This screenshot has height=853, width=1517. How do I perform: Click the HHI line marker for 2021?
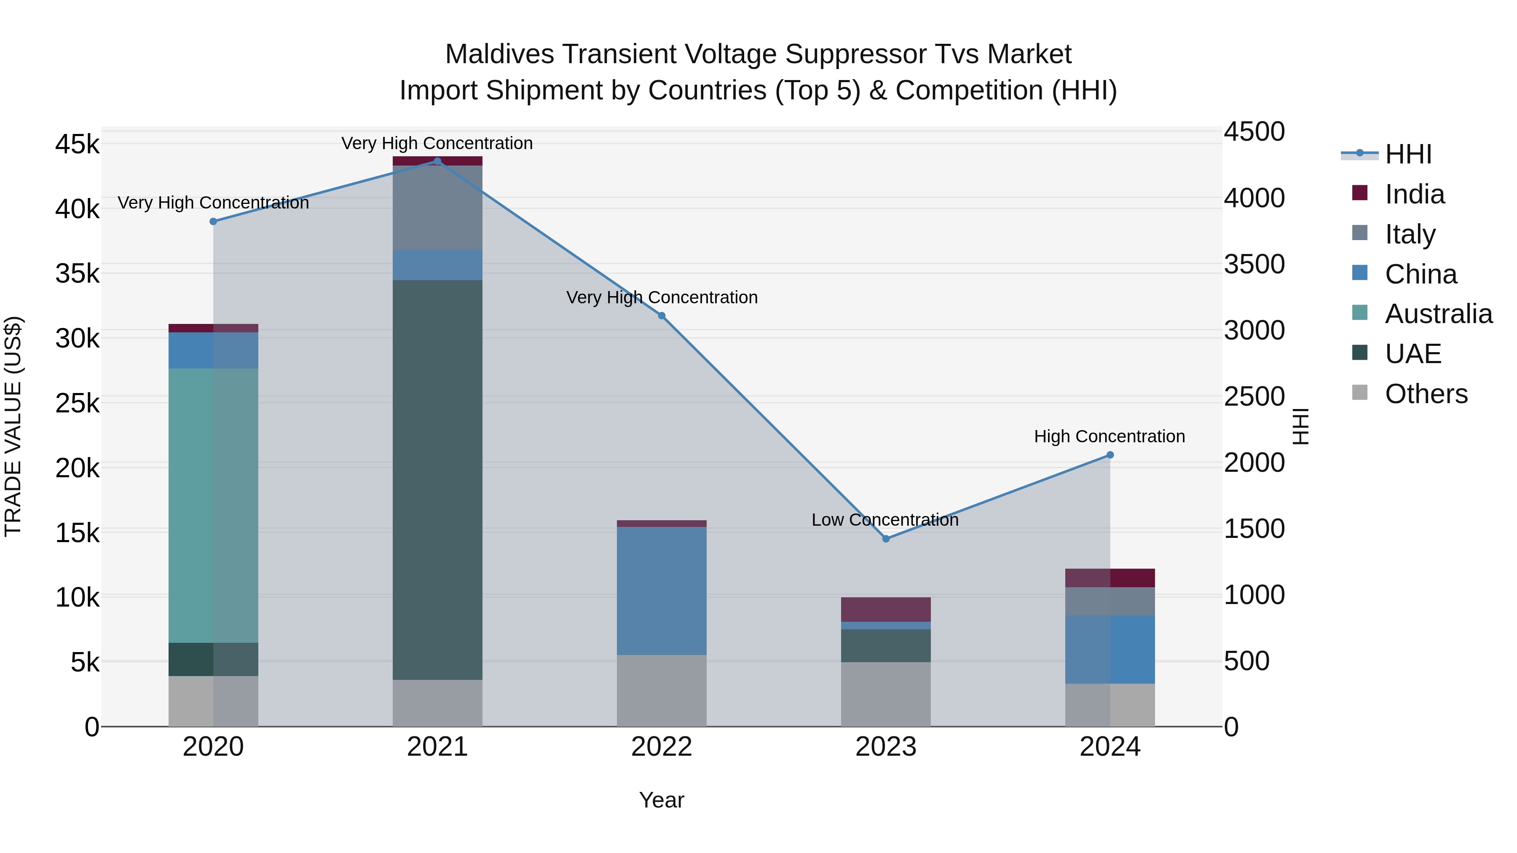click(437, 161)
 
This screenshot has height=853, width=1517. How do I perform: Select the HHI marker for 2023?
click(886, 539)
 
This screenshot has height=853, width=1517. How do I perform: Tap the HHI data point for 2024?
click(1110, 455)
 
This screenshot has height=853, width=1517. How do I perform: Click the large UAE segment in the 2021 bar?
click(437, 480)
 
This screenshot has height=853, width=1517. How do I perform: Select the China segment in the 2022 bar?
click(661, 591)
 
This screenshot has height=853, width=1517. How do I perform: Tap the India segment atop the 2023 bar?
click(886, 609)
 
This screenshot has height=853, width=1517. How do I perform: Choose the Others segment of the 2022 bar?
click(661, 690)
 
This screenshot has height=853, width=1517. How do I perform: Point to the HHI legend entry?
click(1407, 154)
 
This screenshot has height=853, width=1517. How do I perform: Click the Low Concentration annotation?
click(884, 520)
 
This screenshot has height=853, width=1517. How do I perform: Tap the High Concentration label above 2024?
click(1109, 437)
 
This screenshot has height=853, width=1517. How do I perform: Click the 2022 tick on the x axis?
click(661, 747)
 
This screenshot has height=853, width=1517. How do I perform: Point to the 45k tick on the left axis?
click(77, 144)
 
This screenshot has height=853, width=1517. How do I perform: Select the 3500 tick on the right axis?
click(1254, 264)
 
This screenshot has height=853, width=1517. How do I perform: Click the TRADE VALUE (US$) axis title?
click(13, 427)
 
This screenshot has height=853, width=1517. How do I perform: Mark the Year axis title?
click(661, 800)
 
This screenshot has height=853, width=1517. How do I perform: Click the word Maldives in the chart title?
click(499, 54)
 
